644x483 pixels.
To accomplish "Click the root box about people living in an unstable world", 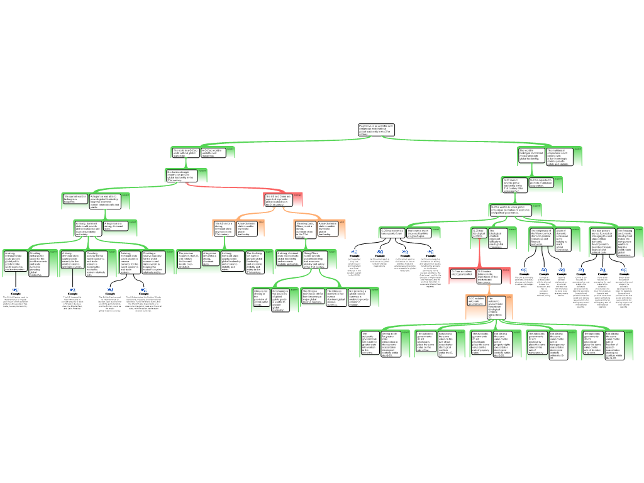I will [x=376, y=130].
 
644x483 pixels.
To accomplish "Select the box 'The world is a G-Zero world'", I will [x=186, y=153].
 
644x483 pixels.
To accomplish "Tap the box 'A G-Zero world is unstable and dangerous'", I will [x=214, y=153].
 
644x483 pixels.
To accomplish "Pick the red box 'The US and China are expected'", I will [x=279, y=200].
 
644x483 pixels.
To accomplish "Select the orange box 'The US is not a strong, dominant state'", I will [x=225, y=228].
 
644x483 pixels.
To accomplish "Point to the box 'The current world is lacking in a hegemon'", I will [x=75, y=199].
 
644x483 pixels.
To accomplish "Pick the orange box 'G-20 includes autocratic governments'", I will [x=476, y=284].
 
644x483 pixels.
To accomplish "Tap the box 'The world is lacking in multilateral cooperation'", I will [x=531, y=155].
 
